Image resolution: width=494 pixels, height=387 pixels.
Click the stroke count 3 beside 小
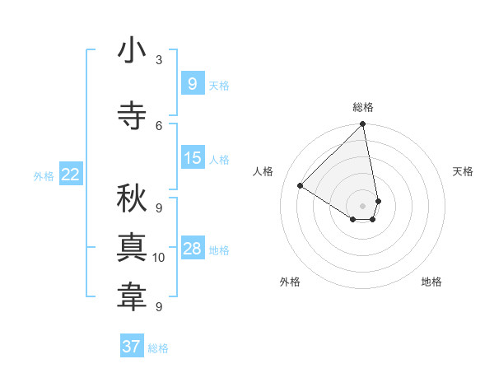click(x=159, y=60)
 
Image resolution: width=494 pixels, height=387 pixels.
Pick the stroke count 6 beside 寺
click(x=159, y=125)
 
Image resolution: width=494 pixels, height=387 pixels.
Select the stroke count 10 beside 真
click(x=159, y=258)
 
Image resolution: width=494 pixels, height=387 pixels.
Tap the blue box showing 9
click(x=192, y=83)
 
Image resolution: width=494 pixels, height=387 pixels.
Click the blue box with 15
click(x=192, y=158)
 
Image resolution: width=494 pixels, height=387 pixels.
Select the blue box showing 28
click(x=192, y=249)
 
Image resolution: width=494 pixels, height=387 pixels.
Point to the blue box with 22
click(x=70, y=174)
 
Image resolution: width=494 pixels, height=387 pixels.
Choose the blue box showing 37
click(x=131, y=347)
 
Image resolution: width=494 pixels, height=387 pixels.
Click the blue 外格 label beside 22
click(x=43, y=175)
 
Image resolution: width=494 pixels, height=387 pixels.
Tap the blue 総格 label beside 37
click(x=158, y=348)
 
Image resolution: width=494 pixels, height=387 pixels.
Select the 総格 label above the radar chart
click(x=362, y=107)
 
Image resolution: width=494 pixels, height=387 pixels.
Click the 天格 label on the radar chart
click(x=464, y=171)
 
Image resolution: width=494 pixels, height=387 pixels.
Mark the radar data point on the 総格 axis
click(x=362, y=125)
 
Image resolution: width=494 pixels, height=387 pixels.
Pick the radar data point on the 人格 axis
click(x=301, y=186)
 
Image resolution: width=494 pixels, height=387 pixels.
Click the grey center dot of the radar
click(x=362, y=205)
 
